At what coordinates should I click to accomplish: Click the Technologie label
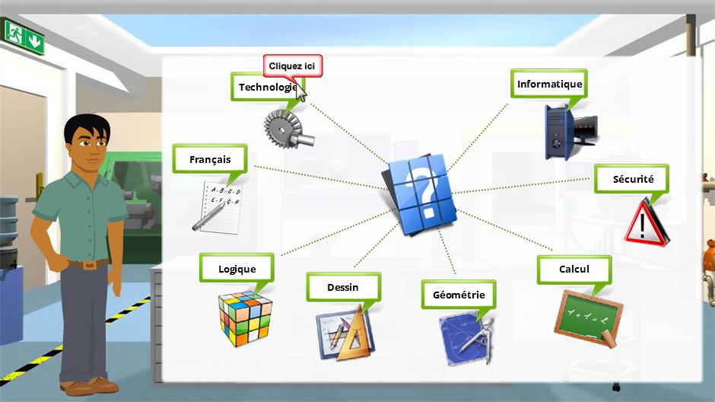[268, 87]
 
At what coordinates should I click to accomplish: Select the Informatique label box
[549, 84]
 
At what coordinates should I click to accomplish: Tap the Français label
[210, 159]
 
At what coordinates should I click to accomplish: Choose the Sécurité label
[631, 179]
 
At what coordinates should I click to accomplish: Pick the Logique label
[237, 268]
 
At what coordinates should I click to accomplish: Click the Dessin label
[343, 287]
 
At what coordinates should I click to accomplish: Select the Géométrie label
[458, 295]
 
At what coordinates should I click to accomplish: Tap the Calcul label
[574, 270]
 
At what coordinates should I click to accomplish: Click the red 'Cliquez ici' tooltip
[292, 65]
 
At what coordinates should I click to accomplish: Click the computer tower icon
[570, 132]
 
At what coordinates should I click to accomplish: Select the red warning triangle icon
[647, 223]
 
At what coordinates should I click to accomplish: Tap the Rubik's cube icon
[246, 318]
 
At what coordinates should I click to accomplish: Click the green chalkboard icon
[589, 317]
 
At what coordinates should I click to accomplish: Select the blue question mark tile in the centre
[421, 193]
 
